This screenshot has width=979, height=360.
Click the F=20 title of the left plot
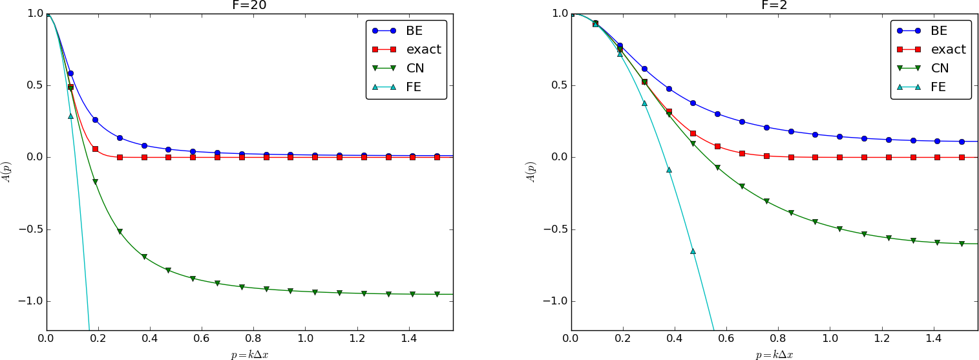coord(249,5)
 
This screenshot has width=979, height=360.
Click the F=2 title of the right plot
coord(774,5)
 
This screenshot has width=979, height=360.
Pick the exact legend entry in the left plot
coord(424,49)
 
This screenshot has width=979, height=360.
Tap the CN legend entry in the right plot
coord(939,68)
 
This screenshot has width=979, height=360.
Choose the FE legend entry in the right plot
coord(938,87)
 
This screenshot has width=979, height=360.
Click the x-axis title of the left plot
coord(249,354)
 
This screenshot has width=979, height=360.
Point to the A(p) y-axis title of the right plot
coord(532,172)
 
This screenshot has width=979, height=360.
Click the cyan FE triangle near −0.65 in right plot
coord(693,251)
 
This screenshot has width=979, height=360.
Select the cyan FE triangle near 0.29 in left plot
coord(70,116)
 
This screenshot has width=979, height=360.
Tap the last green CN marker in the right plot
coord(962,244)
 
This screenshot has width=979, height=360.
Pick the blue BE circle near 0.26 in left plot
coord(95,120)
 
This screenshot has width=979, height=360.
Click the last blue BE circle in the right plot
coord(962,142)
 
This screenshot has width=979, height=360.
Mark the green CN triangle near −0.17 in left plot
coord(95,182)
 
